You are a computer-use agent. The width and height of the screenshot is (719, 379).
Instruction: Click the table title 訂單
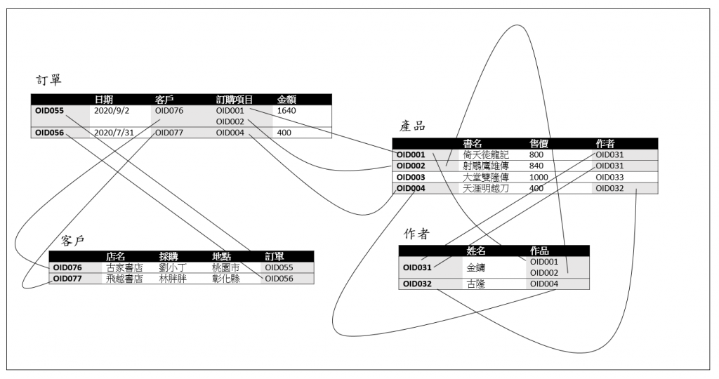coord(50,79)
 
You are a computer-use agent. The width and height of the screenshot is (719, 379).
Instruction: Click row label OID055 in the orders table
coord(49,110)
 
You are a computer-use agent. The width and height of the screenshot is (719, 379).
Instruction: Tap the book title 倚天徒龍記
coord(485,154)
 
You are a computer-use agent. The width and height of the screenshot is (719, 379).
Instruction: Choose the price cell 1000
coord(539,177)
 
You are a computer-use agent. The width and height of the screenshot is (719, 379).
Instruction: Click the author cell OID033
coord(609,177)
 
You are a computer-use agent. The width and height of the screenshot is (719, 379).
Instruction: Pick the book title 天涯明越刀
coord(485,188)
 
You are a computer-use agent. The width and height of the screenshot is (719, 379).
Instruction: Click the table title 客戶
coord(73,241)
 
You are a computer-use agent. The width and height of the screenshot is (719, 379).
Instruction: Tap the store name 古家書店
coord(124,267)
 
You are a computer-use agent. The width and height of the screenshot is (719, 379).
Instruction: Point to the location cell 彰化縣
coord(226,279)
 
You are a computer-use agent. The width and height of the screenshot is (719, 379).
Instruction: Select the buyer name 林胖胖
coord(173,279)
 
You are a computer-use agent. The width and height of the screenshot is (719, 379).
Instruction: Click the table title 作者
coord(416,233)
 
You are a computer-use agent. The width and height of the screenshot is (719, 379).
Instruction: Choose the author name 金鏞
coord(477,267)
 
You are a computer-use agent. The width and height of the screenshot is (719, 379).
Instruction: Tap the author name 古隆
coord(477,284)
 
